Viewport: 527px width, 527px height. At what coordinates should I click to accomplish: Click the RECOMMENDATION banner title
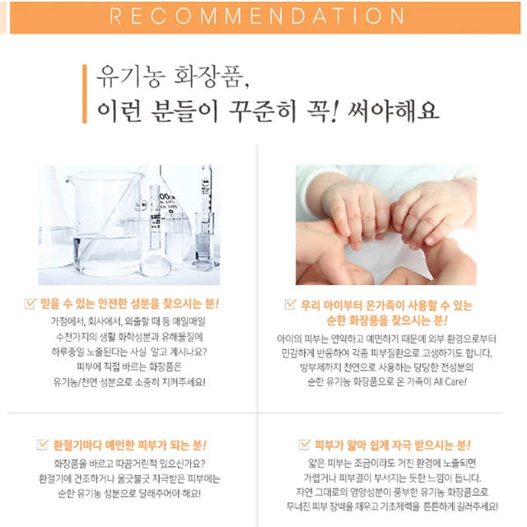point(257,16)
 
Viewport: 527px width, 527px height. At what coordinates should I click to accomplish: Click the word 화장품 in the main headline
point(211,77)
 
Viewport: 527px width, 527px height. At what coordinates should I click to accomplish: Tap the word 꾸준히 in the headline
point(263,110)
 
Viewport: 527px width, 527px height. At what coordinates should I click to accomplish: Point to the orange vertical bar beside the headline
point(84,94)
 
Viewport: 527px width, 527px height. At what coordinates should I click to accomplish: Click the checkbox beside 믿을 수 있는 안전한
point(30,303)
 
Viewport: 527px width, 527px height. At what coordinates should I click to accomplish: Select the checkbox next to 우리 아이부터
point(290,304)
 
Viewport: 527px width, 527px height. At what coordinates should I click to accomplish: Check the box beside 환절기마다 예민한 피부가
point(42,444)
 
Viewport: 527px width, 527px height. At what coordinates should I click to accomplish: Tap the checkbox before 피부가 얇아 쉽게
point(304,444)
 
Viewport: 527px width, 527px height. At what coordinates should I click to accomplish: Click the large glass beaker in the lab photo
point(106,223)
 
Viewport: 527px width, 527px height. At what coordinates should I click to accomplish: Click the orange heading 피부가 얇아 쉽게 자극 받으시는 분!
point(392,445)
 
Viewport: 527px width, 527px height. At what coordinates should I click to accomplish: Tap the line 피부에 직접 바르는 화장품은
point(129,366)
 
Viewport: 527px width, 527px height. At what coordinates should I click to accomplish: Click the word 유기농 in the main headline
point(131,77)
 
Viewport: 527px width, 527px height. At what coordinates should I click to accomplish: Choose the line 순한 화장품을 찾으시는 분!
point(387,320)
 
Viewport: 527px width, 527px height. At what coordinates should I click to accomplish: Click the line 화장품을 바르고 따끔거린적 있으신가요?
point(129,464)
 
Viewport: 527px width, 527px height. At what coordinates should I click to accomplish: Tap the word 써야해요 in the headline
point(394,110)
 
